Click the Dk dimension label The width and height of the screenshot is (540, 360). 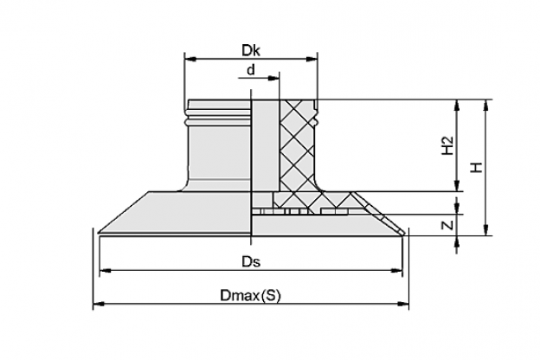tap(251, 51)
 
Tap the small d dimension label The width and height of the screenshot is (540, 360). tap(251, 70)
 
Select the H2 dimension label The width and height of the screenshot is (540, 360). tap(447, 145)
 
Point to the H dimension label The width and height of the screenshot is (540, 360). tap(477, 167)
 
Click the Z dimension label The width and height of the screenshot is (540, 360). tap(447, 225)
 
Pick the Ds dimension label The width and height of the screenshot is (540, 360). tap(251, 262)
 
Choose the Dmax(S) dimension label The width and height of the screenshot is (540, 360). tap(250, 296)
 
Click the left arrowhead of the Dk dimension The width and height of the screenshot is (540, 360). tap(190, 59)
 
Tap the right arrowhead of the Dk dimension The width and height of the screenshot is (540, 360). tap(312, 59)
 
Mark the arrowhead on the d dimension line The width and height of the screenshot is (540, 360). tap(273, 78)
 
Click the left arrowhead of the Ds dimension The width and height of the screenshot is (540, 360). tap(105, 270)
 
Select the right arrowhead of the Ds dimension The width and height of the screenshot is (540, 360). tap(396, 270)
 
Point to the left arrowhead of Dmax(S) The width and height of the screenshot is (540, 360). tap(99, 304)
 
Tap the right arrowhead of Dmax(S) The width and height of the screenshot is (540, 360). tap(403, 304)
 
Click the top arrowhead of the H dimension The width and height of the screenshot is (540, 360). tap(485, 105)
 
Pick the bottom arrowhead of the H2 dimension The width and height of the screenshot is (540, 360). tap(457, 186)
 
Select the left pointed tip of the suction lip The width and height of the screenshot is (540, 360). tap(99, 234)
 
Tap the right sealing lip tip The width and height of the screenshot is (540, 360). tap(404, 234)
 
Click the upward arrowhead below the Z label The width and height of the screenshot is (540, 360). tap(457, 241)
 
